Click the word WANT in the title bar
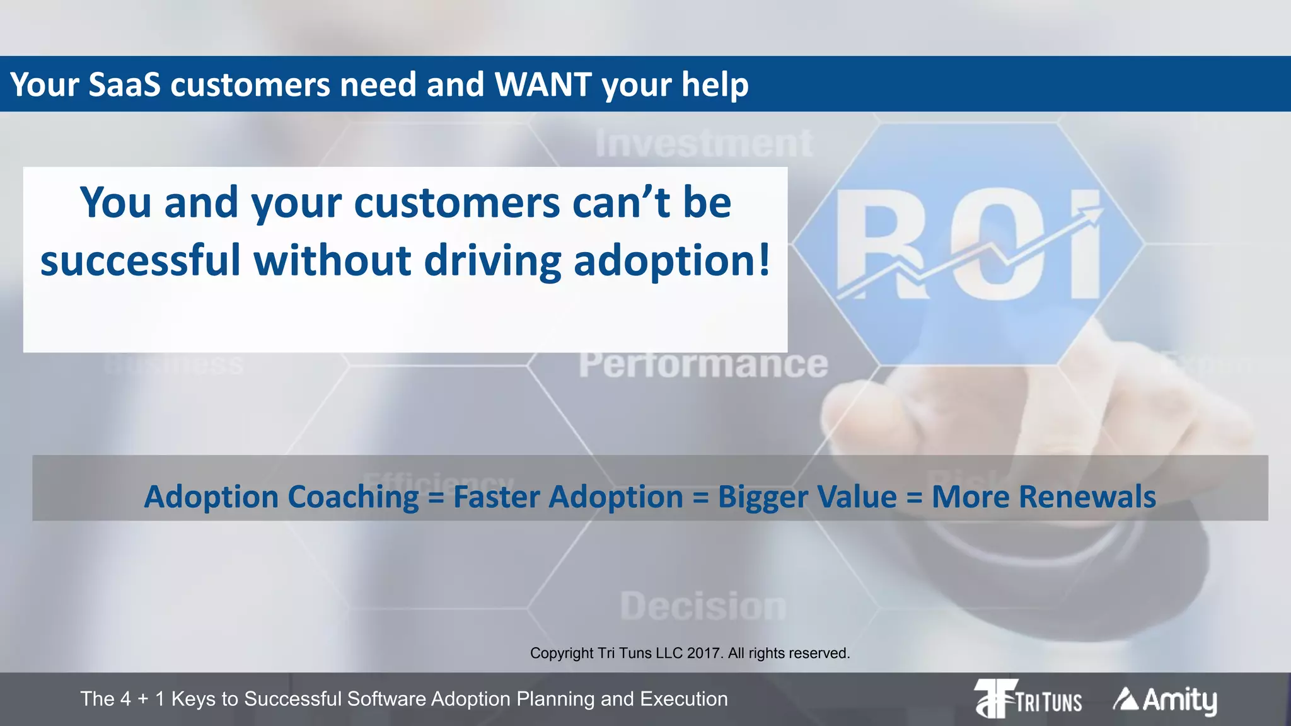pyautogui.click(x=543, y=84)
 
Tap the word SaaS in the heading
pyautogui.click(x=124, y=84)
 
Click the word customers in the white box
pyautogui.click(x=457, y=202)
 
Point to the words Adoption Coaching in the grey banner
pyautogui.click(x=281, y=497)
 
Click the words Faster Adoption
pyautogui.click(x=568, y=497)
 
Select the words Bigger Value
pyautogui.click(x=807, y=497)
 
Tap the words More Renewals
pyautogui.click(x=1043, y=497)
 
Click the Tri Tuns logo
pyautogui.click(x=1028, y=698)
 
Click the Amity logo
pyautogui.click(x=1165, y=700)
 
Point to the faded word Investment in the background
pyautogui.click(x=703, y=143)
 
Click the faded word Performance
pyautogui.click(x=703, y=364)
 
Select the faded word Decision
pyautogui.click(x=703, y=606)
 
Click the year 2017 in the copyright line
pyautogui.click(x=705, y=653)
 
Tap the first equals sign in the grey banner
pyautogui.click(x=436, y=498)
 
